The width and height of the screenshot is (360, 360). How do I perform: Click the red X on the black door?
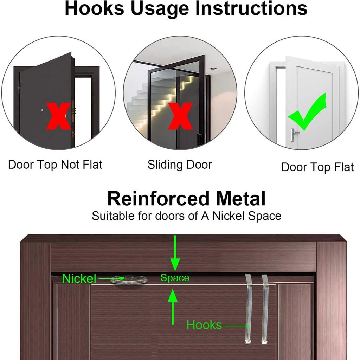pos(58,116)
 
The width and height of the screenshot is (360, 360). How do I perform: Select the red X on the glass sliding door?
pos(180,116)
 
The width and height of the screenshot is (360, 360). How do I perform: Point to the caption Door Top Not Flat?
pos(55,165)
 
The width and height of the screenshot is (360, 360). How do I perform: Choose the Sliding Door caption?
pos(180,165)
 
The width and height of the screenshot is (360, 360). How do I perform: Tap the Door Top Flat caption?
pos(317,167)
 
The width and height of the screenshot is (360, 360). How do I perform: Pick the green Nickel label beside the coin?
pos(79,279)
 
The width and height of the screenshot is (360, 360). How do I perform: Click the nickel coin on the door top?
pos(129,280)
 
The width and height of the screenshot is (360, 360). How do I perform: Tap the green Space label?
pos(175,278)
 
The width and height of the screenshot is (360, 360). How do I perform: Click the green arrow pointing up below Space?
pos(172,306)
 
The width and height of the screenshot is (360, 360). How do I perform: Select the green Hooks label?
pos(204,325)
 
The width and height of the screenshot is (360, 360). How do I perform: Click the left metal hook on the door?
pos(249,309)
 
